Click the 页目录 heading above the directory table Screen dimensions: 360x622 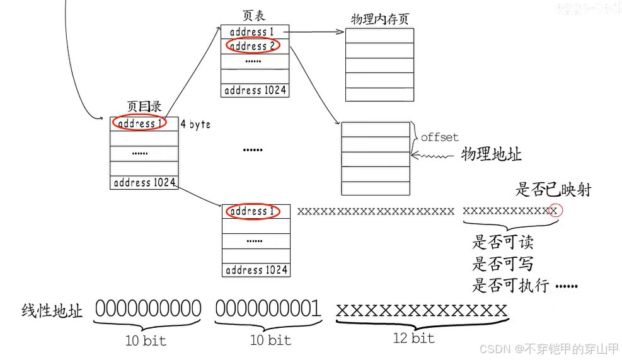[144, 107]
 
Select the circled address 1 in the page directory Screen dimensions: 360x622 [139, 123]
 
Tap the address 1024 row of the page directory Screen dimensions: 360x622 [144, 183]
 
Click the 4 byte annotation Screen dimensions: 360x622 [195, 124]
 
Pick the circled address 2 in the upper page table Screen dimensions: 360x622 [252, 46]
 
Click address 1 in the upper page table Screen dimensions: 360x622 [252, 32]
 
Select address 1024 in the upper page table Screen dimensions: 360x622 [255, 90]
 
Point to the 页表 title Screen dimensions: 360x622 [254, 15]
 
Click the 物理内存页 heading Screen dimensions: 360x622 [380, 18]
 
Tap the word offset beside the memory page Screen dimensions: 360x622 [439, 137]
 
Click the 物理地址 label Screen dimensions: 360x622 [492, 154]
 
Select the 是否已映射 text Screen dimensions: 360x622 [554, 189]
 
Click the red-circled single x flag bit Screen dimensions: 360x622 [554, 211]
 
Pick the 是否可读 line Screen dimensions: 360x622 [504, 242]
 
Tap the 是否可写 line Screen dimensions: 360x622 [504, 264]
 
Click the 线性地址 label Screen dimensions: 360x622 [52, 311]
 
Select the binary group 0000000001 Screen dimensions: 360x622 [268, 308]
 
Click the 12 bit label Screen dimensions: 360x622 [414, 338]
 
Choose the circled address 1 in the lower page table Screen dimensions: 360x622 [252, 211]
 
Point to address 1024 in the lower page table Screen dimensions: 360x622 [256, 270]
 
